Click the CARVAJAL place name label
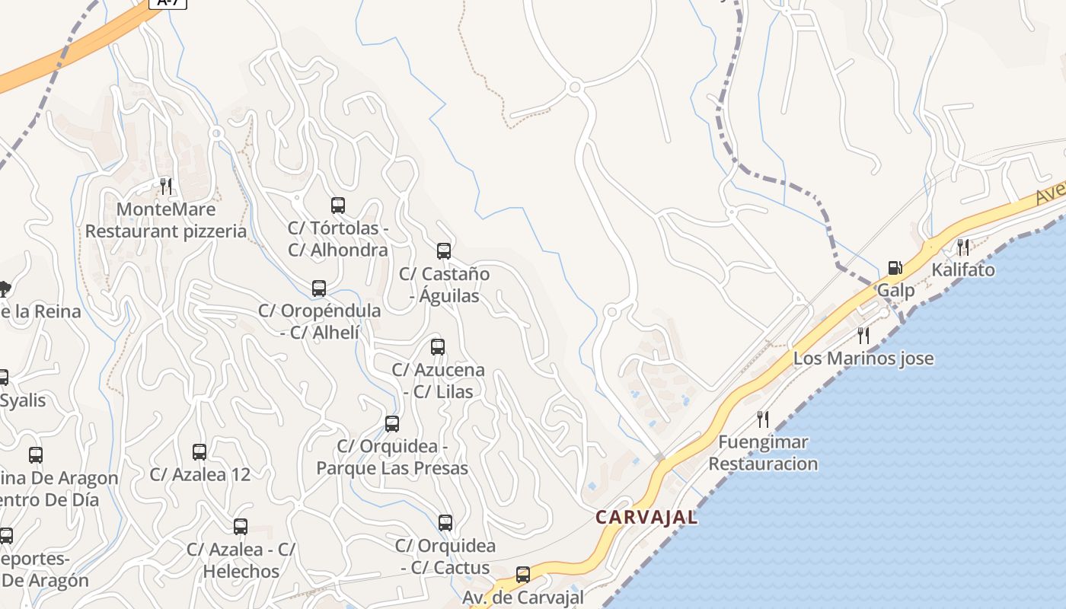coord(646,518)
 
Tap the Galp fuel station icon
coord(895,268)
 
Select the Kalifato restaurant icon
coord(963,247)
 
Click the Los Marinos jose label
coord(863,359)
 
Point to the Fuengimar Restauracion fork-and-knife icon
coord(763,419)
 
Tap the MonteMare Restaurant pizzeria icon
coord(166,186)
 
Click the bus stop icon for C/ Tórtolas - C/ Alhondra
coord(338,205)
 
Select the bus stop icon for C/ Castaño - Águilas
coord(444,250)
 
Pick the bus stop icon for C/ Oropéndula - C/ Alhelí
coord(319,289)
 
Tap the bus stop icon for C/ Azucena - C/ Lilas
coord(438,347)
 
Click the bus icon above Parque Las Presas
coord(392,424)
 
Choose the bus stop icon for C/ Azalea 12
coord(199,452)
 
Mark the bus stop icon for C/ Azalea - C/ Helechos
coord(241,527)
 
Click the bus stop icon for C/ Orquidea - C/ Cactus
coord(445,523)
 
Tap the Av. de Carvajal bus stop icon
coord(523,575)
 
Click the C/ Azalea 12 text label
coord(199,474)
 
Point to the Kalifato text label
coord(963,269)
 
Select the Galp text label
coord(896,290)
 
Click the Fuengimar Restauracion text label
coord(763,453)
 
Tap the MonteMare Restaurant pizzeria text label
coord(166,220)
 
